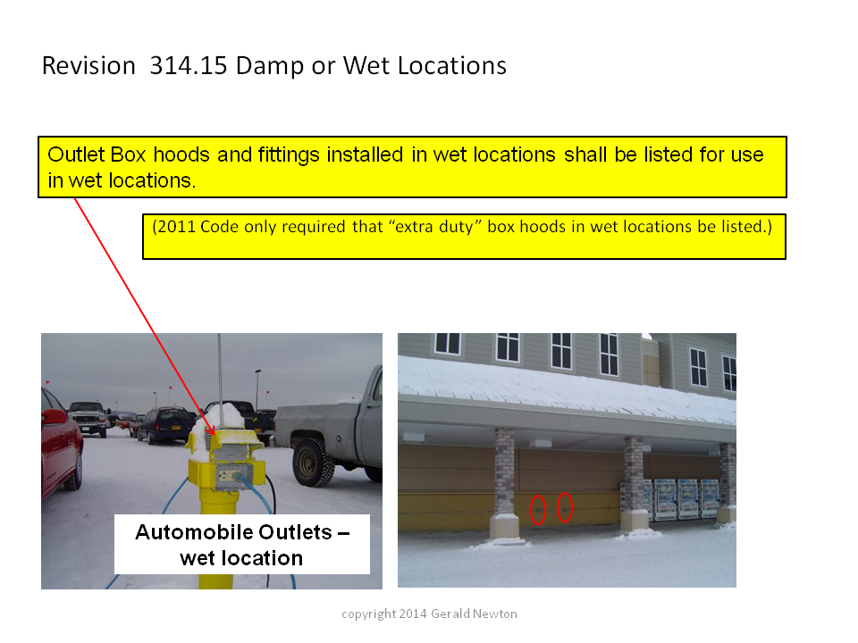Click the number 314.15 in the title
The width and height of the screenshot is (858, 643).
189,65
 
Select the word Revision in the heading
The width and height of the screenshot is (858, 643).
88,65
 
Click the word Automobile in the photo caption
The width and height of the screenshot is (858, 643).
233,532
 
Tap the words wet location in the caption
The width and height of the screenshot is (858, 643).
241,558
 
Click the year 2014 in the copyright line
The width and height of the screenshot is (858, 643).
413,614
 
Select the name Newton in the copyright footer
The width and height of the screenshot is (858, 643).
494,614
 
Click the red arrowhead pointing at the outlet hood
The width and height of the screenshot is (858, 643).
210,430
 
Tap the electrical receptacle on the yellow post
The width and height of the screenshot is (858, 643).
226,474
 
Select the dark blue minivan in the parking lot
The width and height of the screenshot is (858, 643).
164,425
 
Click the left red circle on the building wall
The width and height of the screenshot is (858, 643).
538,510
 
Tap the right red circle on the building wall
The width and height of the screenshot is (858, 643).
565,507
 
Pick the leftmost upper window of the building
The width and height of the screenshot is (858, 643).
448,343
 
